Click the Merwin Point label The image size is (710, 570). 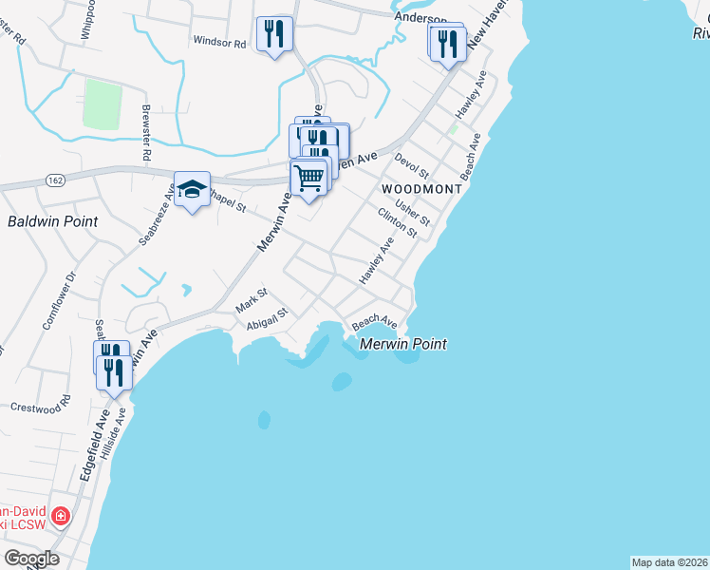(403, 344)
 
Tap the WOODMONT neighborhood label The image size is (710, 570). (421, 189)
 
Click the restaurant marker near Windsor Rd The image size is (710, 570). (274, 35)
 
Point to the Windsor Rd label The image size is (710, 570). (219, 42)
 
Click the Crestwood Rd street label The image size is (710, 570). (41, 406)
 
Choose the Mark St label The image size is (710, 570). (252, 301)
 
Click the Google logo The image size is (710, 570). (31, 559)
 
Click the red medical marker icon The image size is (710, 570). (61, 517)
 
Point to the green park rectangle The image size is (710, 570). (103, 104)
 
